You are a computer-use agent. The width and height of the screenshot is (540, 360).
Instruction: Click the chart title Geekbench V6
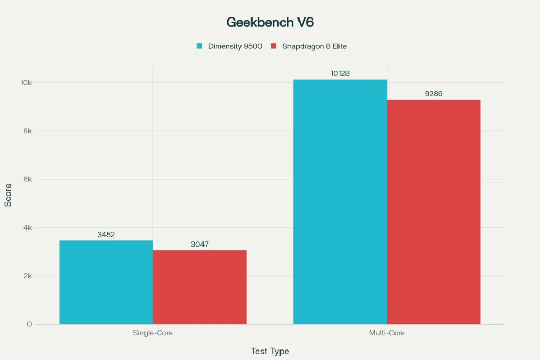[270, 22]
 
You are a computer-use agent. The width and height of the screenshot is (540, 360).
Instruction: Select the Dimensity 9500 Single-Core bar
[106, 282]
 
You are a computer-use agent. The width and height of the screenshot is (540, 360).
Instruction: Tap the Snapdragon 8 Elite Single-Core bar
[200, 287]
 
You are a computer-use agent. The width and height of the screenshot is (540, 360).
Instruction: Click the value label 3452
[106, 235]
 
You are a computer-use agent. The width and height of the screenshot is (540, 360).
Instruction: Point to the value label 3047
[200, 245]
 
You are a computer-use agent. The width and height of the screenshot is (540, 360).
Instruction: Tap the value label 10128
[340, 73]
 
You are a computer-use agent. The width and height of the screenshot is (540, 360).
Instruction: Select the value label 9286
[433, 94]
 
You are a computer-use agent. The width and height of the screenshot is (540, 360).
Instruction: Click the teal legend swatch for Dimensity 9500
[199, 46]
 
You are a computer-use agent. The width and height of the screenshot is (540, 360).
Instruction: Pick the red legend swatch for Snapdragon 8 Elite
[273, 46]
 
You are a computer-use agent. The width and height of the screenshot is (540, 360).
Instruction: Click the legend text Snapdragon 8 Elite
[314, 46]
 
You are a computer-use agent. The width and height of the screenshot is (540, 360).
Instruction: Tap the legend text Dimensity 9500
[235, 46]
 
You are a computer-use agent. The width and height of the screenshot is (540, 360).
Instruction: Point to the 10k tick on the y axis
[26, 83]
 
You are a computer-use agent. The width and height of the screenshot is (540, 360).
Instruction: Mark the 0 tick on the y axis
[30, 324]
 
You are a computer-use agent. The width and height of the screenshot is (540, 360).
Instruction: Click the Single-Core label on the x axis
[153, 333]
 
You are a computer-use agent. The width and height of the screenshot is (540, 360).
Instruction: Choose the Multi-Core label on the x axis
[387, 333]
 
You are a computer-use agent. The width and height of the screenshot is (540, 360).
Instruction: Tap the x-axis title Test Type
[270, 351]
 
